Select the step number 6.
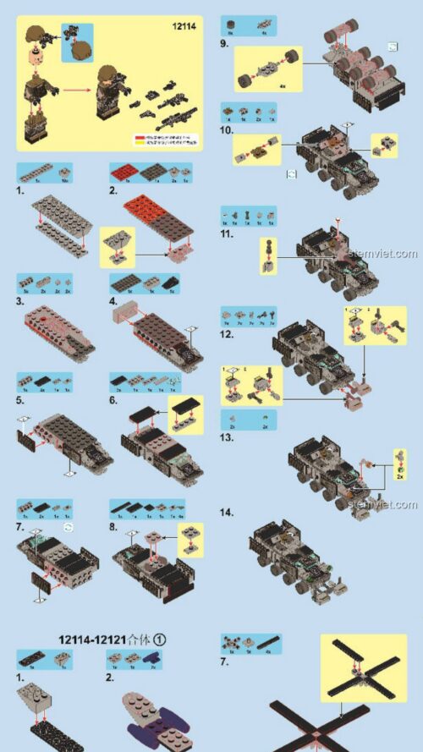pyautogui.click(x=113, y=400)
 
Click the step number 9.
pyautogui.click(x=224, y=43)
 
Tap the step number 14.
pyautogui.click(x=227, y=513)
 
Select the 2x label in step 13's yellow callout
pyautogui.click(x=398, y=476)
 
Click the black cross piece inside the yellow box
pyautogui.click(x=361, y=669)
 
